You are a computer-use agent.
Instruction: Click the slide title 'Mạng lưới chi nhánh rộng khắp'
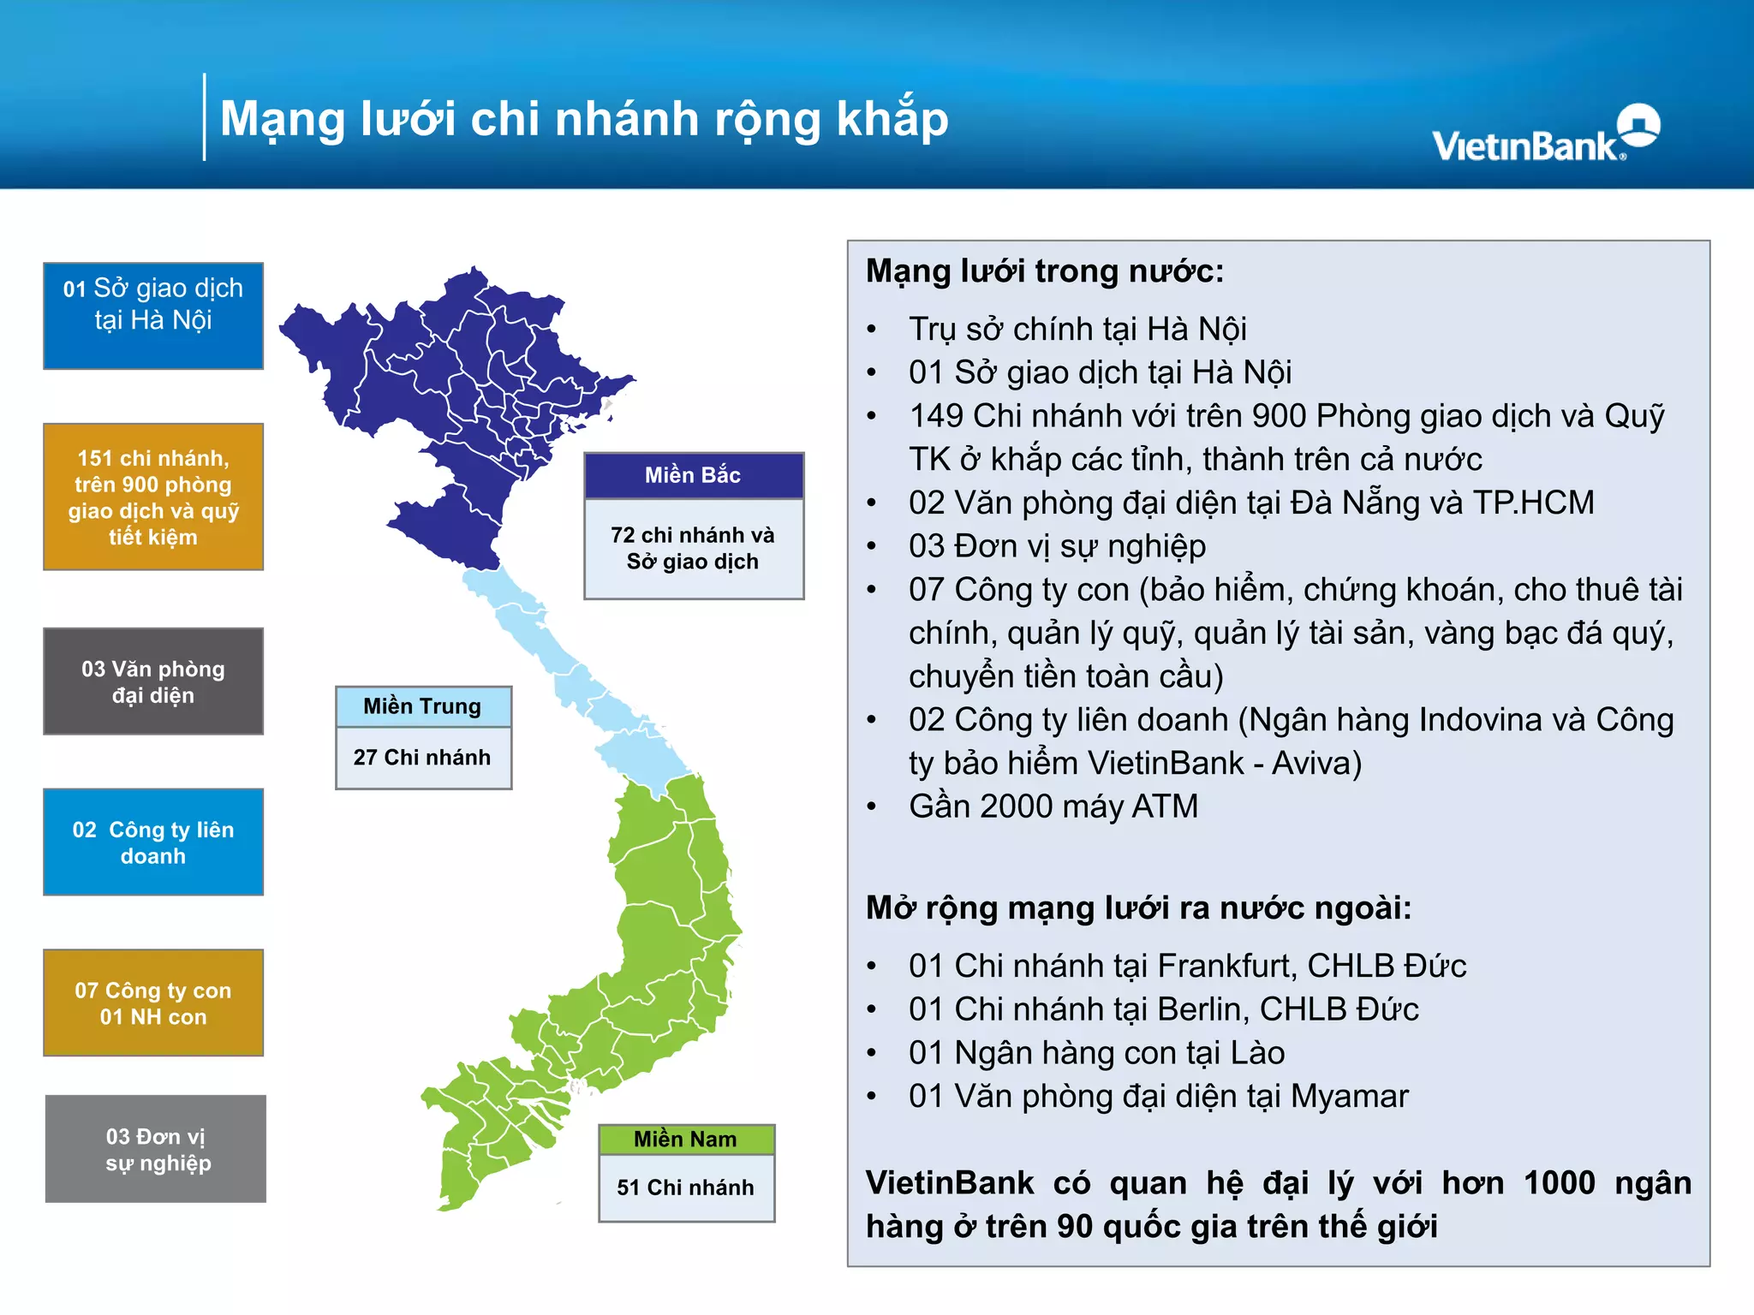[584, 118]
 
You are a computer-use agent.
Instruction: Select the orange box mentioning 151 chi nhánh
[153, 497]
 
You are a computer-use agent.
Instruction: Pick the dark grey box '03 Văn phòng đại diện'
[153, 681]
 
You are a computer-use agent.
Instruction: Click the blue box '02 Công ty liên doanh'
[153, 842]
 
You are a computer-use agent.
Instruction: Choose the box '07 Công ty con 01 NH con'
[153, 1003]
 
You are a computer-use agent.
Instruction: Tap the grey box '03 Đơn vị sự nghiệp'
[156, 1149]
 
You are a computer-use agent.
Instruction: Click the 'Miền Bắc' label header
[693, 475]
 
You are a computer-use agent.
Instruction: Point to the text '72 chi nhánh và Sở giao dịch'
[693, 548]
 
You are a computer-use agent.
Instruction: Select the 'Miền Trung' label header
[423, 706]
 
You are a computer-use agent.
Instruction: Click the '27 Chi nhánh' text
[422, 758]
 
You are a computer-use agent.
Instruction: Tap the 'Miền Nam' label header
[686, 1139]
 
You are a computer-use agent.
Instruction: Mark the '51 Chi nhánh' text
[686, 1187]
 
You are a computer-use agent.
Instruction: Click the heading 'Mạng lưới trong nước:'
[1045, 271]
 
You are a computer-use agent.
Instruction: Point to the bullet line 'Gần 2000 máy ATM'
[1053, 806]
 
